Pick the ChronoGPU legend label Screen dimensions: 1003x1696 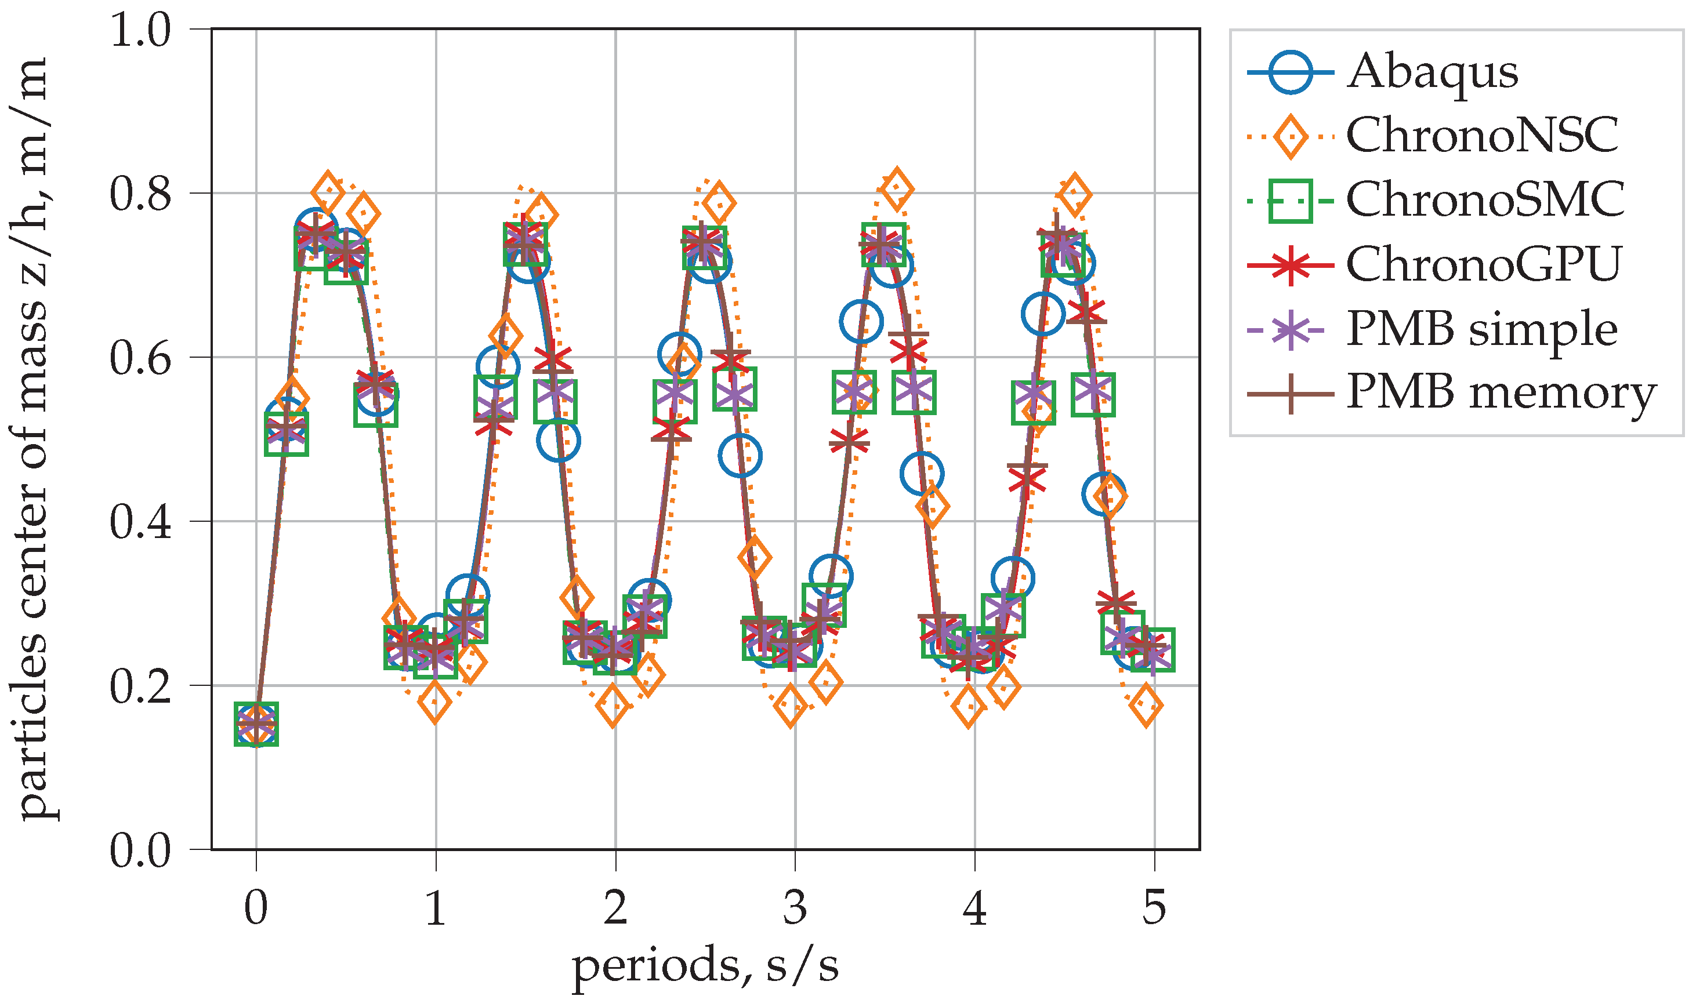click(1483, 264)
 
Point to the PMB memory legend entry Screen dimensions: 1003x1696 click(1501, 393)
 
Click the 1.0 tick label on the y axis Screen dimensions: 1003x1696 click(140, 30)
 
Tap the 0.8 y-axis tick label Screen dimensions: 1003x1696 click(140, 194)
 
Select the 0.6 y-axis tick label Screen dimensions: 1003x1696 click(140, 358)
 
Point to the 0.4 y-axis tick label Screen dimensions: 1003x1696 click(140, 522)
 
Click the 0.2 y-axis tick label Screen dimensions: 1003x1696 click(140, 686)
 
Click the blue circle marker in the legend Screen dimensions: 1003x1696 click(1291, 72)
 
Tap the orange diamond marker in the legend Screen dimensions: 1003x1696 click(1291, 136)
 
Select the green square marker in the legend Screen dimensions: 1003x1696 click(1291, 201)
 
